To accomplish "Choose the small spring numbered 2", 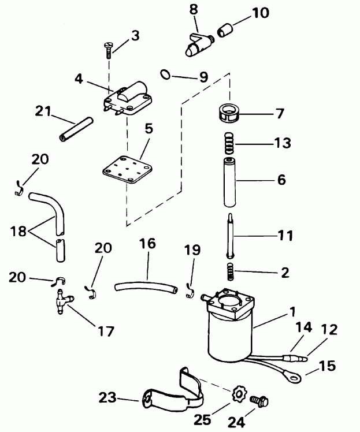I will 231,270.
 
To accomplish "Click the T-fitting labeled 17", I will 60,300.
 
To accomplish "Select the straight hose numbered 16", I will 144,285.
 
